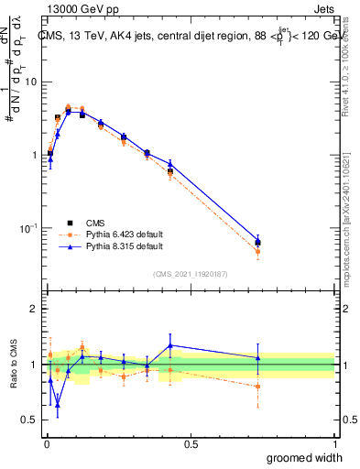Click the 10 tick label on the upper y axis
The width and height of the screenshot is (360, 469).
pos(30,82)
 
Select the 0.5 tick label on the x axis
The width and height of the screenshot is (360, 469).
pos(190,443)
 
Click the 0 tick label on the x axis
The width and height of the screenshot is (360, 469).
pos(45,443)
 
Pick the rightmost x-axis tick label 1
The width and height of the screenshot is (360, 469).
pos(333,443)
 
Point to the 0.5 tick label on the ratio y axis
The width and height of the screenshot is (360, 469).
pos(30,420)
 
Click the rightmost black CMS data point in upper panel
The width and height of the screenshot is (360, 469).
pos(257,243)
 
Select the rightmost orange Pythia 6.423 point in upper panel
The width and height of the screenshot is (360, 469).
pos(257,252)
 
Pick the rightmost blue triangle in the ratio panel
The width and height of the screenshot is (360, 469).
pos(257,357)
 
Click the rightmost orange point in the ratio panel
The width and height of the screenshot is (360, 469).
pos(257,387)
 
